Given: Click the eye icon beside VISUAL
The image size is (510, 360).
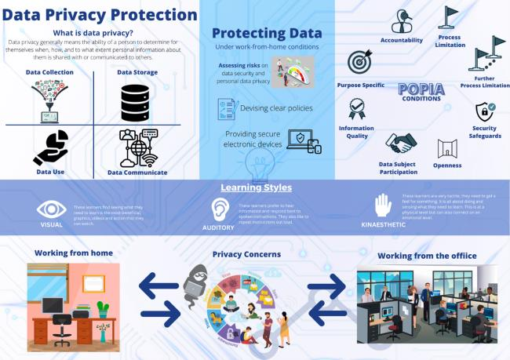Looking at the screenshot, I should [52, 209].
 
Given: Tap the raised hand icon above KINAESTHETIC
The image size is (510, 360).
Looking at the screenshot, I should [383, 205].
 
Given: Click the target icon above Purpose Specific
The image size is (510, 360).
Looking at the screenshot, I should [359, 63].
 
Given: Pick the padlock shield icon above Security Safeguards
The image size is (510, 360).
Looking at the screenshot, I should [483, 111].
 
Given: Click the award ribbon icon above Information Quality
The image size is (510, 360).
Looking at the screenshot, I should [357, 107].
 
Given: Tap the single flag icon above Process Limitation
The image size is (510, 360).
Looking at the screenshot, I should [450, 17].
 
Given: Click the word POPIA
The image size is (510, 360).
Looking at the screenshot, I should [421, 89].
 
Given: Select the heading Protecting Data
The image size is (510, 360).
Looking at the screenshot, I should [267, 34].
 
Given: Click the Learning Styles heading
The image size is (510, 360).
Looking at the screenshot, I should [256, 188].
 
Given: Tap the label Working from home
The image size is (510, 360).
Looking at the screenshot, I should [74, 253].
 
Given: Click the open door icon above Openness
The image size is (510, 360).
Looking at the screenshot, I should [446, 148].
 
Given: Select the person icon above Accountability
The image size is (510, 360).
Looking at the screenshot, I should [401, 20].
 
